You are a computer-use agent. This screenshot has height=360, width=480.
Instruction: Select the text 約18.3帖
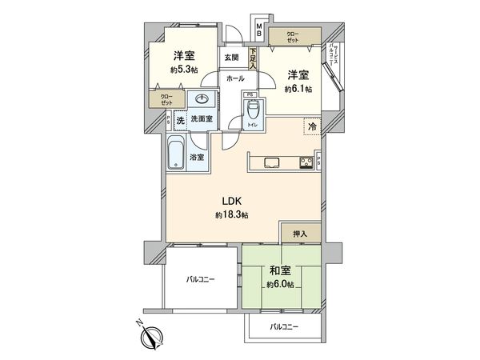click(232, 215)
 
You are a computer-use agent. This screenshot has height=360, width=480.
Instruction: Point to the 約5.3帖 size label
click(185, 70)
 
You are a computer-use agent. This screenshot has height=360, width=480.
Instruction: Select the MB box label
click(259, 30)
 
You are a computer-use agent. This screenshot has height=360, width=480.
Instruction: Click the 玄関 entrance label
click(231, 58)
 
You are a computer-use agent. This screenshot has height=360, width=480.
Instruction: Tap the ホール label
click(235, 78)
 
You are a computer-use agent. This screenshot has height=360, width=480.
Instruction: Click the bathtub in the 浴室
click(176, 154)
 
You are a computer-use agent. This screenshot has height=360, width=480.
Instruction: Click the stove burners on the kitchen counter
click(306, 163)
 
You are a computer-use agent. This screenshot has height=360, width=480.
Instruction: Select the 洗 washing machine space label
click(180, 119)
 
